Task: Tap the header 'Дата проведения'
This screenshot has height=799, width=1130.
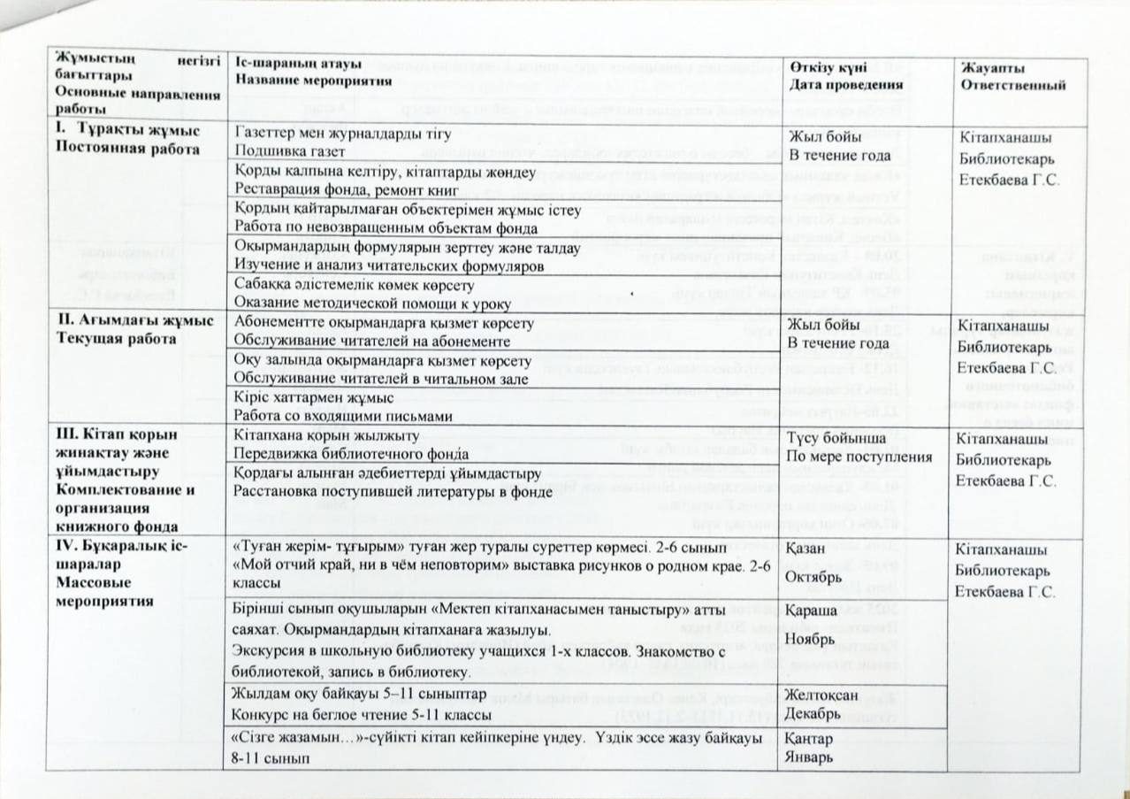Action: (846, 85)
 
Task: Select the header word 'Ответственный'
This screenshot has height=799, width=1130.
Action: (1012, 85)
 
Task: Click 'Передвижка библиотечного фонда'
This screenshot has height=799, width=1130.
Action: (340, 454)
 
